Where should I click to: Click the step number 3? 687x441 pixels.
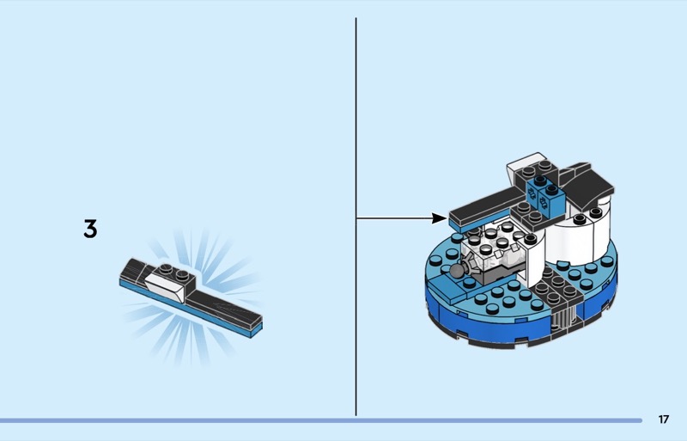(90, 229)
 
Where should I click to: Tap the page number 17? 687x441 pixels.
(664, 420)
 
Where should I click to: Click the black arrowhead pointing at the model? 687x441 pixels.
(440, 217)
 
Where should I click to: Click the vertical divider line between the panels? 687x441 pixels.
(356, 217)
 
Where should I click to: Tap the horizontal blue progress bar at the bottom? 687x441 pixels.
(320, 420)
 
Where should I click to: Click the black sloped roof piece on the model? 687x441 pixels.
(588, 184)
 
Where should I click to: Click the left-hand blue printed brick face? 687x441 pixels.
(532, 194)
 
